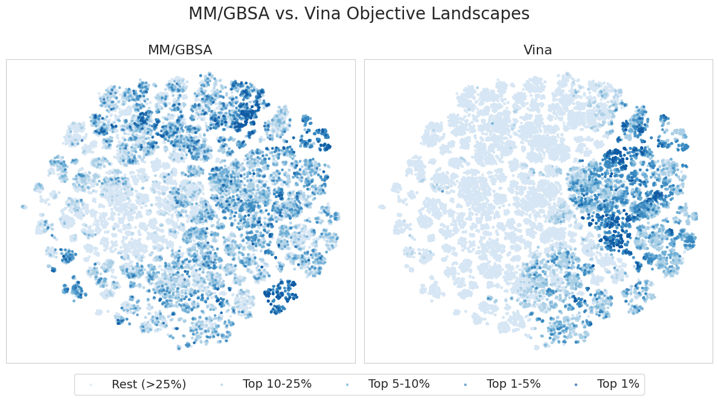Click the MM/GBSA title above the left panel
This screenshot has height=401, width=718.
click(180, 50)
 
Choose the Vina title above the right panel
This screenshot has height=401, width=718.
click(537, 50)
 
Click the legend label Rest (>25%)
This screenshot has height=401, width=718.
click(149, 385)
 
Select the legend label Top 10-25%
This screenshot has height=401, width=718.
click(277, 385)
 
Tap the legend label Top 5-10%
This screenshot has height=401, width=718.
click(399, 385)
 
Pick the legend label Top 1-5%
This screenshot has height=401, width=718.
click(514, 385)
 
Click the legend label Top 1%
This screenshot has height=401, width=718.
click(618, 385)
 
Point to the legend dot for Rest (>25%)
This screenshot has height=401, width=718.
click(91, 385)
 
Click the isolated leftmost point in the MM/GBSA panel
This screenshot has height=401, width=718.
click(24, 207)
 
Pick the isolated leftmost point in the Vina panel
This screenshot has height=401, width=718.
click(382, 207)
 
